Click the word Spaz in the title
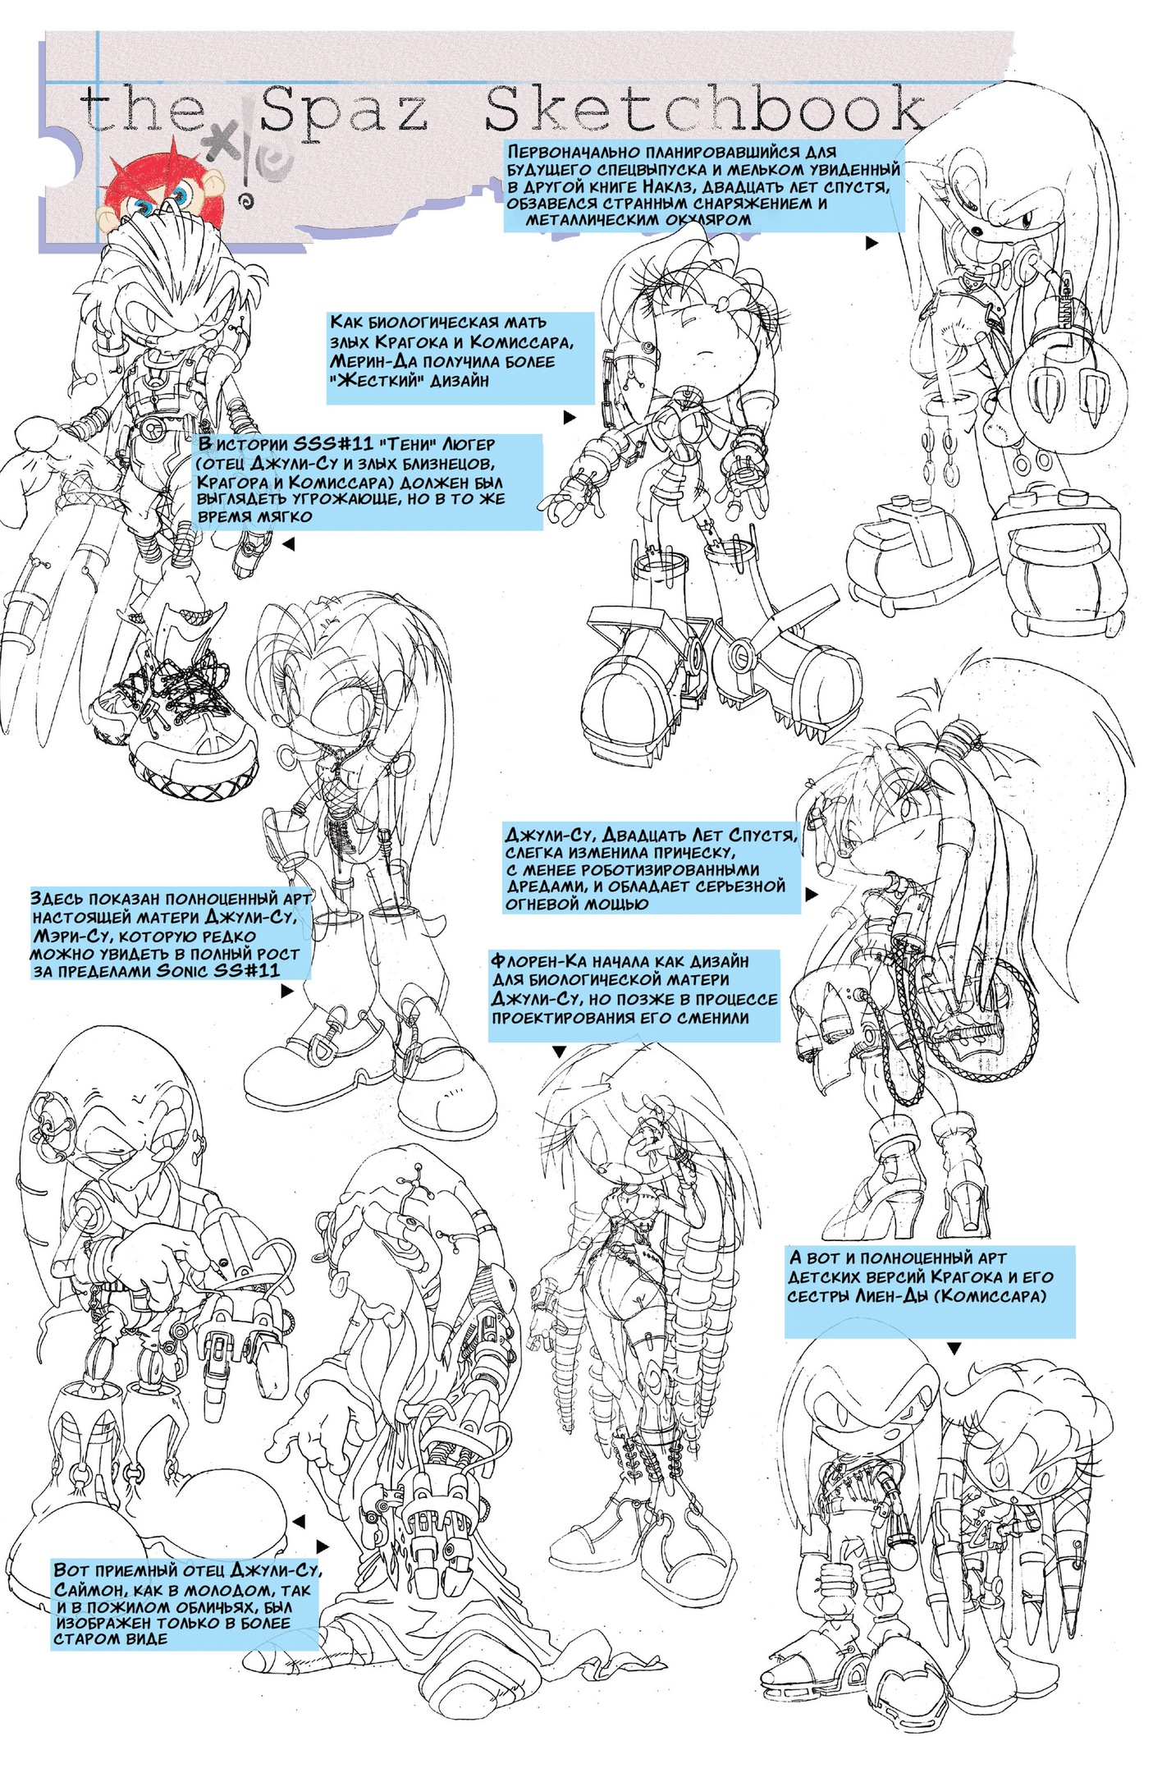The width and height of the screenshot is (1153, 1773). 344,113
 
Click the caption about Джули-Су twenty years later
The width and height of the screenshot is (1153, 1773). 651,869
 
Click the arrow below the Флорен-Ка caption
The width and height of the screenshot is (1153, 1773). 559,1051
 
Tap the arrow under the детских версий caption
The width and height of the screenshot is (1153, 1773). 954,1348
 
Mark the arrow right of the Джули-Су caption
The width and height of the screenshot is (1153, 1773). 812,895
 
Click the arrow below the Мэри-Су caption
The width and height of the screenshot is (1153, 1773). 286,992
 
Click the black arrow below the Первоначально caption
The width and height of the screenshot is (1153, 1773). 872,243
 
